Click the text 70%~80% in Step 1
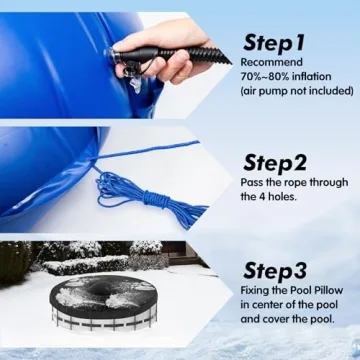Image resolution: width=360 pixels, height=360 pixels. click(x=264, y=75)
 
